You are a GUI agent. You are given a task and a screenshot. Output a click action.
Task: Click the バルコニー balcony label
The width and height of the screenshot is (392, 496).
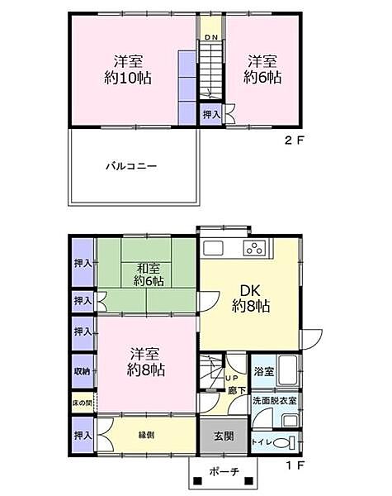pyautogui.click(x=130, y=166)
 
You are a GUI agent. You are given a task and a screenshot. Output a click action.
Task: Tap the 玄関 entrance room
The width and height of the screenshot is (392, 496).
pyautogui.click(x=223, y=436)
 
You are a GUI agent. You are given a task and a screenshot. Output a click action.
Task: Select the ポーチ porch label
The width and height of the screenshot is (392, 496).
pyautogui.click(x=223, y=472)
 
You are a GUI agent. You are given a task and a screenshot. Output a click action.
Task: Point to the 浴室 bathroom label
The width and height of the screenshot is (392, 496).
pyautogui.click(x=264, y=372)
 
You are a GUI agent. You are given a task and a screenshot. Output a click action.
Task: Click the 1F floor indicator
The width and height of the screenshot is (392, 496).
pyautogui.click(x=295, y=465)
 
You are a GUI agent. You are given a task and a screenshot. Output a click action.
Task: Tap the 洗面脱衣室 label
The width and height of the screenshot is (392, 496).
pyautogui.click(x=276, y=401)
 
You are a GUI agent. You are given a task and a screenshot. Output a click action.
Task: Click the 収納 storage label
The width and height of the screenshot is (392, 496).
pyautogui.click(x=82, y=372)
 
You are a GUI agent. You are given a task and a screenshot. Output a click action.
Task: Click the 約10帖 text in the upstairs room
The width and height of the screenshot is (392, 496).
pyautogui.click(x=132, y=79)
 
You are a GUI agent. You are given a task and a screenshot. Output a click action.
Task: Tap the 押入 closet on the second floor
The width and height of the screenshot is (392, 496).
pyautogui.click(x=211, y=114)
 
